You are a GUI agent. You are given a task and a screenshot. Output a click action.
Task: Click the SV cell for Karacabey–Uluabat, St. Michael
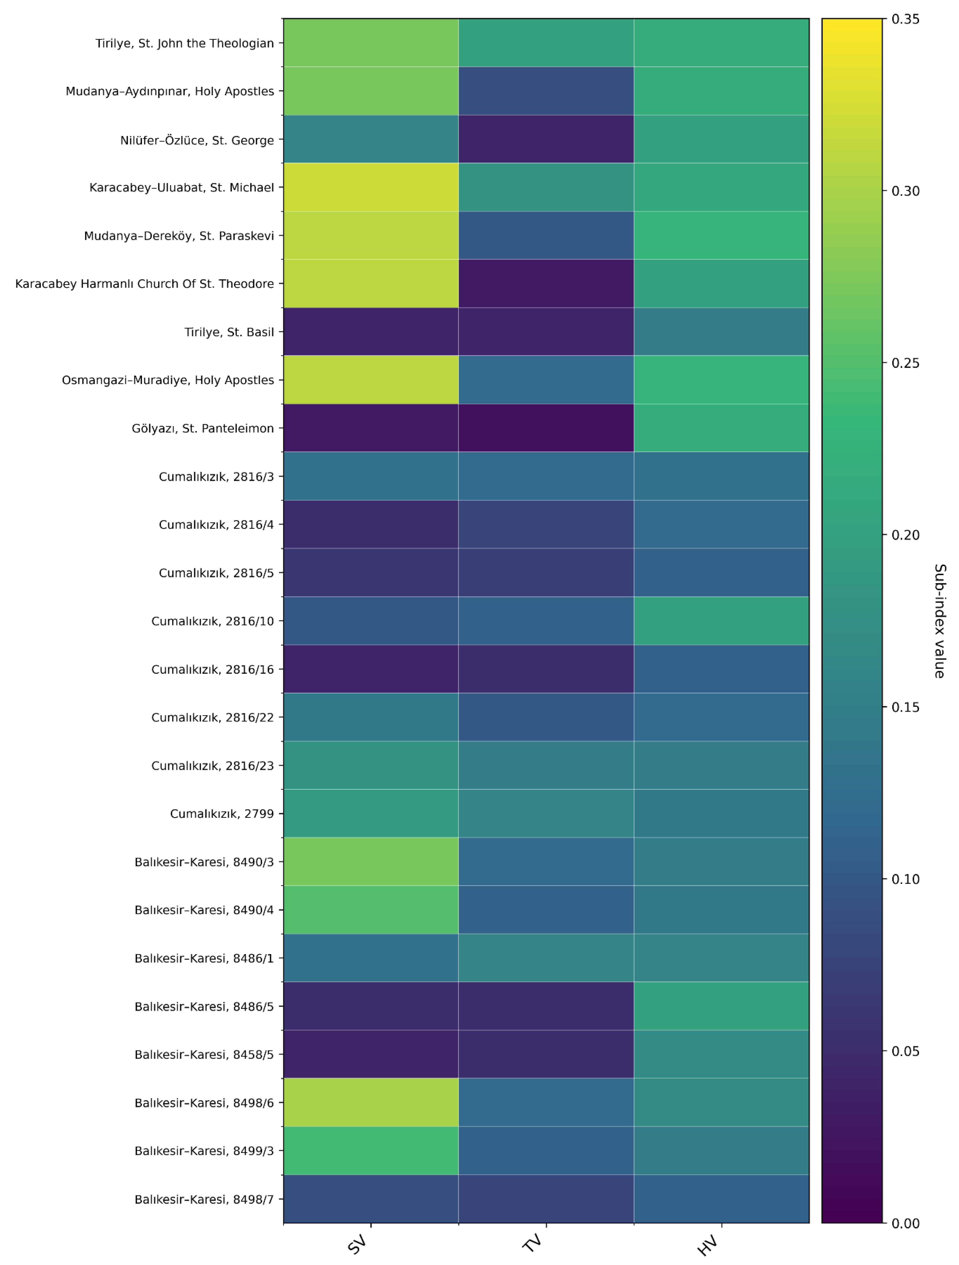[x=371, y=188]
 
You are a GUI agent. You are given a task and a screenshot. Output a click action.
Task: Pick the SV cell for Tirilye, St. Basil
[x=371, y=332]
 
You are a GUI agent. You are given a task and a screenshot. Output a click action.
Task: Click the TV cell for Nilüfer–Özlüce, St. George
[x=546, y=140]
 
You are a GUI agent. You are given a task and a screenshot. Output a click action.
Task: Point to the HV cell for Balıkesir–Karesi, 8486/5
[x=721, y=1006]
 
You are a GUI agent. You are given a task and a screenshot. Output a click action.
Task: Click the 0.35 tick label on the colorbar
[x=905, y=19]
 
